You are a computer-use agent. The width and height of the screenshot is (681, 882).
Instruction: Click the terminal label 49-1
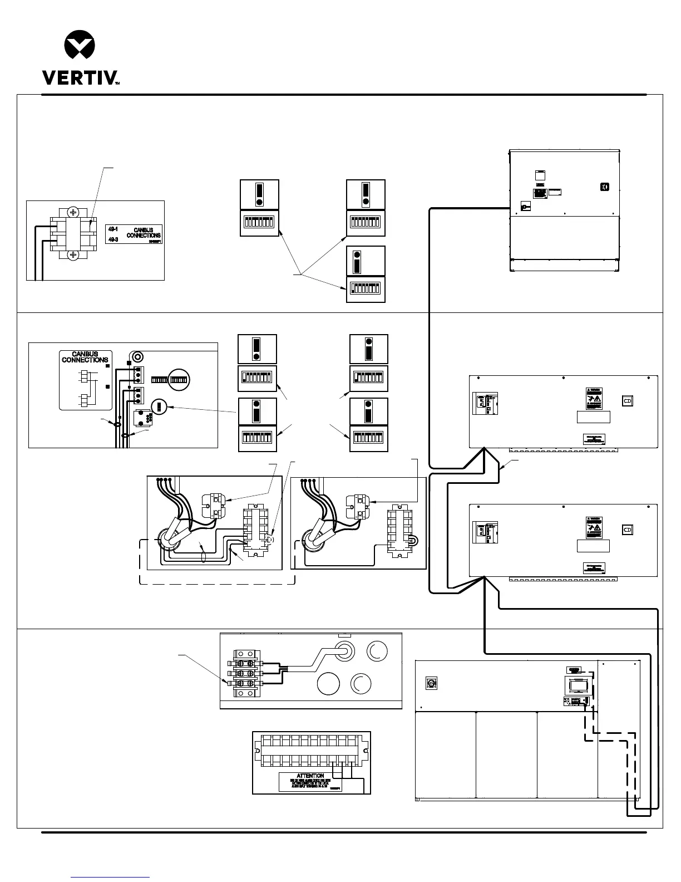pyautogui.click(x=113, y=229)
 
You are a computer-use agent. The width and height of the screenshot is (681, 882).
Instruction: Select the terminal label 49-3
pyautogui.click(x=113, y=239)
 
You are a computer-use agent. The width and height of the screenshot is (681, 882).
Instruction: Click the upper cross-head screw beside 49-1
pyautogui.click(x=73, y=212)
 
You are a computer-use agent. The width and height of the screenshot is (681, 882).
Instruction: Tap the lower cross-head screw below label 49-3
pyautogui.click(x=73, y=255)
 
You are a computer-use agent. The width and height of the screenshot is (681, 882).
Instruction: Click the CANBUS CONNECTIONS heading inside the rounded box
pyautogui.click(x=85, y=357)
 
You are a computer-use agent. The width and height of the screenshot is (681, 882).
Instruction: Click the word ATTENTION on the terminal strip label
pyautogui.click(x=310, y=776)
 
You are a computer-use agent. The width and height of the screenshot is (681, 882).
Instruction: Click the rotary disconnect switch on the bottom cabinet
pyautogui.click(x=430, y=683)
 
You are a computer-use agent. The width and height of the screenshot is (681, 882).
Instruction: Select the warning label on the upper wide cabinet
pyautogui.click(x=594, y=399)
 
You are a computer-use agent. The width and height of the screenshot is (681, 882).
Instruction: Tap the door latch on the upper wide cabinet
pyautogui.click(x=627, y=401)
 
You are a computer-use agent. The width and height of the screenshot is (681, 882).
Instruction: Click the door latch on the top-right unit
pyautogui.click(x=605, y=187)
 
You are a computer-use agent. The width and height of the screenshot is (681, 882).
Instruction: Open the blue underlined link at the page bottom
pyautogui.click(x=111, y=877)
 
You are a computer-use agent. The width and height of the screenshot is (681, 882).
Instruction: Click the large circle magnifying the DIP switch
pyautogui.click(x=179, y=379)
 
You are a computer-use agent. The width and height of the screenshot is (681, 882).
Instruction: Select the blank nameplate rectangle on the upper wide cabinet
pyautogui.click(x=593, y=417)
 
